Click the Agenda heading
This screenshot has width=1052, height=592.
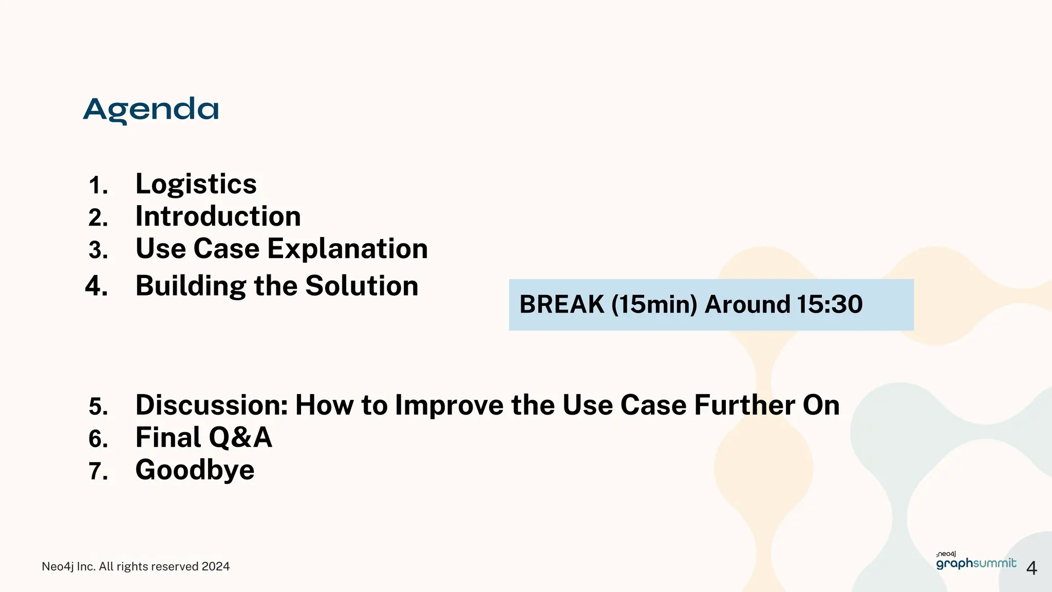click(151, 109)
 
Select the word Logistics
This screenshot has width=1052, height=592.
click(196, 184)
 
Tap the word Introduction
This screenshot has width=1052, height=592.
click(218, 216)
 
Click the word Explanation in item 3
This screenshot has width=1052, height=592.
click(347, 249)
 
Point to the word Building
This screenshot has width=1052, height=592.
click(191, 286)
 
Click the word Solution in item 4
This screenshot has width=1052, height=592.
click(362, 286)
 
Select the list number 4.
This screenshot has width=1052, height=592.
click(96, 286)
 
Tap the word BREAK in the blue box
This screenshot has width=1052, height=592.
click(561, 304)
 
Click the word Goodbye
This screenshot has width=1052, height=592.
click(195, 470)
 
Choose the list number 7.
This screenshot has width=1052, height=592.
click(98, 471)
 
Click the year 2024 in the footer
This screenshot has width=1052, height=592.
click(215, 566)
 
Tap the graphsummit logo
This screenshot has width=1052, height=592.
click(975, 562)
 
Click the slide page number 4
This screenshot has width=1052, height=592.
click(1031, 568)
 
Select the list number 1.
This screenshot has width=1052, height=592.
click(98, 186)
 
